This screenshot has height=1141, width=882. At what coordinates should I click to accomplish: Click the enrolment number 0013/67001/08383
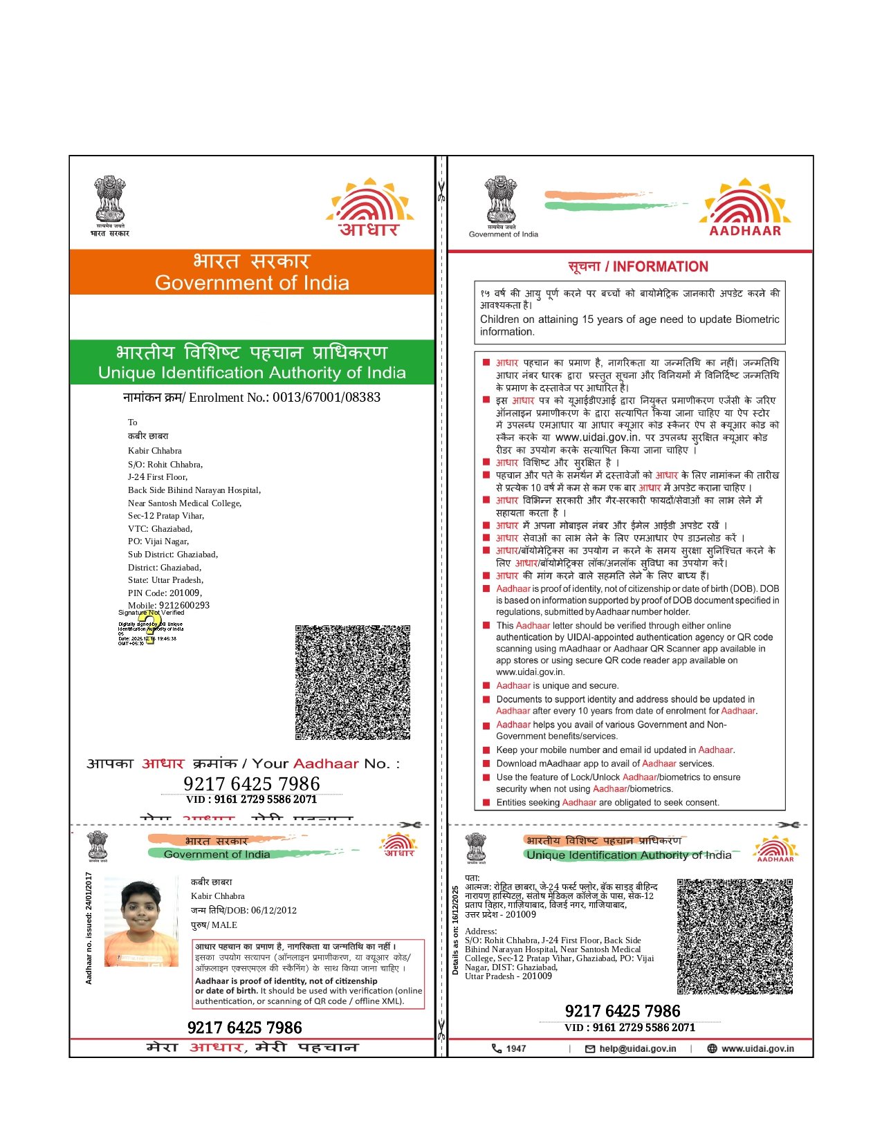326,398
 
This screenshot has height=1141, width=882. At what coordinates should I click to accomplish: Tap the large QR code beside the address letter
352,683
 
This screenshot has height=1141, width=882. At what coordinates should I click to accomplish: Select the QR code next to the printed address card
735,936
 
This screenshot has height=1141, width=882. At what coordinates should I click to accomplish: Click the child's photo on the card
141,922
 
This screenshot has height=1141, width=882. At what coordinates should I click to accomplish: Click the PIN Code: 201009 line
165,593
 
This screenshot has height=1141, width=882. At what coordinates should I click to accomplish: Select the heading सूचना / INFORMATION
638,267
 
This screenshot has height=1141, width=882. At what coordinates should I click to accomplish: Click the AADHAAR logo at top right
745,208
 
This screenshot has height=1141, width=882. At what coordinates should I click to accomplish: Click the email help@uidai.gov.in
637,1048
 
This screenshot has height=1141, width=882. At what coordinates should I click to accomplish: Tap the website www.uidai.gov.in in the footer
757,1048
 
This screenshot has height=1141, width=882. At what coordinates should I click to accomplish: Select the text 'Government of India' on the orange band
252,283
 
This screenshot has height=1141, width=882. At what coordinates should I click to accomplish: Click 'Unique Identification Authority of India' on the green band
252,373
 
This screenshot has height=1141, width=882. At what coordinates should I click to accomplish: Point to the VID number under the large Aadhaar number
251,799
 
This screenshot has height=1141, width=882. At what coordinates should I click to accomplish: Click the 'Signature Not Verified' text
151,613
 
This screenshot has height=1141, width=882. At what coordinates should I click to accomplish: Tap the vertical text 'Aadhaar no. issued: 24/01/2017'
89,928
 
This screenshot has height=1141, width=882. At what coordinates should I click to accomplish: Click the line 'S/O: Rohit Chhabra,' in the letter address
165,465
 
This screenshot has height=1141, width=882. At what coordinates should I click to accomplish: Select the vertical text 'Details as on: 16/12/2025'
455,930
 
